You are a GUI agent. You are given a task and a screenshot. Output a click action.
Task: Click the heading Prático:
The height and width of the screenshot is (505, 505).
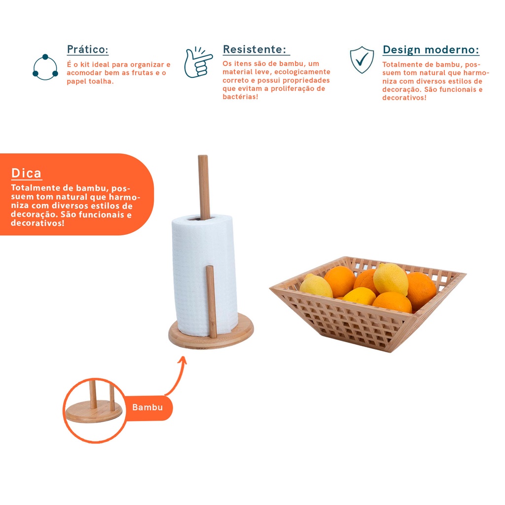pyautogui.click(x=88, y=50)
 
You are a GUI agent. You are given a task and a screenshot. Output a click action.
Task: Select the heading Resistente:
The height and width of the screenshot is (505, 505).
pyautogui.click(x=254, y=49)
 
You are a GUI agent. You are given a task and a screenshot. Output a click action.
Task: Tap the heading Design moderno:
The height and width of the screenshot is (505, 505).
pyautogui.click(x=431, y=50)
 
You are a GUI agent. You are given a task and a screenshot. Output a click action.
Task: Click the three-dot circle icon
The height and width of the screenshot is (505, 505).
pyautogui.click(x=45, y=67)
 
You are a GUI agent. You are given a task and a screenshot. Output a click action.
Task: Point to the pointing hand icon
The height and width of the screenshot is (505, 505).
pyautogui.click(x=198, y=62)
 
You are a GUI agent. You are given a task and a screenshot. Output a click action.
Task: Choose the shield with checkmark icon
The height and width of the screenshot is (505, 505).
pyautogui.click(x=362, y=60)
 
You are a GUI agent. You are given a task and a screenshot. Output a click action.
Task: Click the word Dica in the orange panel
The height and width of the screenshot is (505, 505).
pyautogui.click(x=27, y=173)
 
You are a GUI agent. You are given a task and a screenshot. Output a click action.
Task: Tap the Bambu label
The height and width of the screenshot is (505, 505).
pyautogui.click(x=147, y=407)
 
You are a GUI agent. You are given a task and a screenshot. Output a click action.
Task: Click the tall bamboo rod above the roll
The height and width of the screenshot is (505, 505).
pyautogui.click(x=204, y=187)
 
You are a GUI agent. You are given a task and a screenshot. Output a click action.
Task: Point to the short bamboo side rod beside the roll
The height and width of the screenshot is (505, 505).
pyautogui.click(x=211, y=301)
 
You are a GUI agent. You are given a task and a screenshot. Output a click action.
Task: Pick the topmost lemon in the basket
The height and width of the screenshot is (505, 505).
pyautogui.click(x=391, y=280)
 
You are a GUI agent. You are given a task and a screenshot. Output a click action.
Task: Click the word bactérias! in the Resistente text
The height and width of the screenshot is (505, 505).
pyautogui.click(x=241, y=97)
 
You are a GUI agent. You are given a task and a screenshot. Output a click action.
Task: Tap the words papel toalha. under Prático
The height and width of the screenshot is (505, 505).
pyautogui.click(x=90, y=81)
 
